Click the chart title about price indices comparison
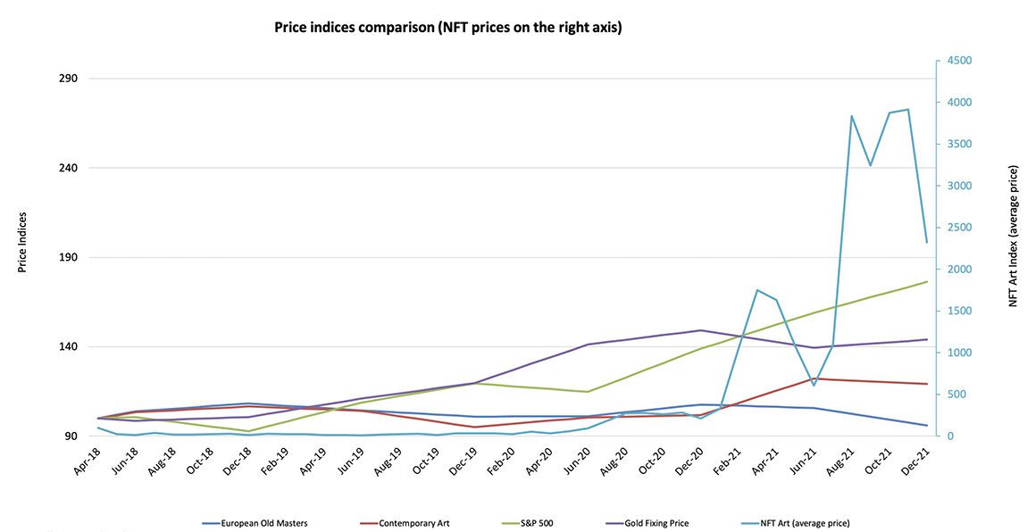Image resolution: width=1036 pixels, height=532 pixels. pos(447,28)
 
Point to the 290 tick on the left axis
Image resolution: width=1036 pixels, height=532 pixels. pos(68,79)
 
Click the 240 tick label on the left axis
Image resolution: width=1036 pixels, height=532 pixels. pos(68,168)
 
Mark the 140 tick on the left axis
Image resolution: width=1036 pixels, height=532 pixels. pos(68,347)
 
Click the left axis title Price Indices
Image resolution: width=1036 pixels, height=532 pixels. pos(22,242)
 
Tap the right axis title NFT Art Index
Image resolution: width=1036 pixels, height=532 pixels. pos(1014,237)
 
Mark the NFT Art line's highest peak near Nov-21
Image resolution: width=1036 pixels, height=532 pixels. pos(907,110)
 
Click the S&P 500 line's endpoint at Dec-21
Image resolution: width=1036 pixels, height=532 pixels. pos(926,282)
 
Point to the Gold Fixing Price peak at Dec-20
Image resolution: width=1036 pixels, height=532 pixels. pos(701,330)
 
